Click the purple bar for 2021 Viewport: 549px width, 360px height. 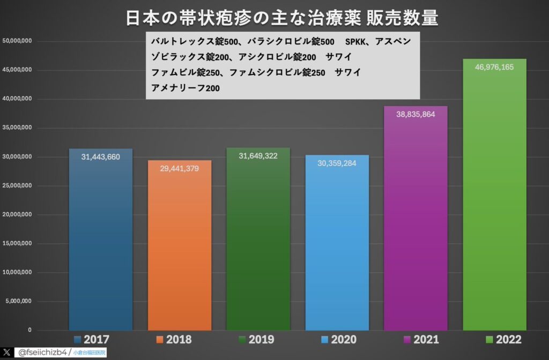click(416, 225)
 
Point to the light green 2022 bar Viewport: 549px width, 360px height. click(494, 204)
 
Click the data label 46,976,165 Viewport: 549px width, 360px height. click(494, 67)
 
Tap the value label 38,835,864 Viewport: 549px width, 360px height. click(416, 115)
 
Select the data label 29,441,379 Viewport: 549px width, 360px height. click(180, 168)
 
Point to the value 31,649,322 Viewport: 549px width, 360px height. click(258, 156)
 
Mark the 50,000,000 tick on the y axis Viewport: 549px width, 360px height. click(18, 41)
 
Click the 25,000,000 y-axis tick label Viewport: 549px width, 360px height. click(18, 185)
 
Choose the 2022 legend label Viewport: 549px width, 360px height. click(508, 340)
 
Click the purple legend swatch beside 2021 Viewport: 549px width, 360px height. click(406, 340)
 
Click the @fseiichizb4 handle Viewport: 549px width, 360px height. click(42, 352)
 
